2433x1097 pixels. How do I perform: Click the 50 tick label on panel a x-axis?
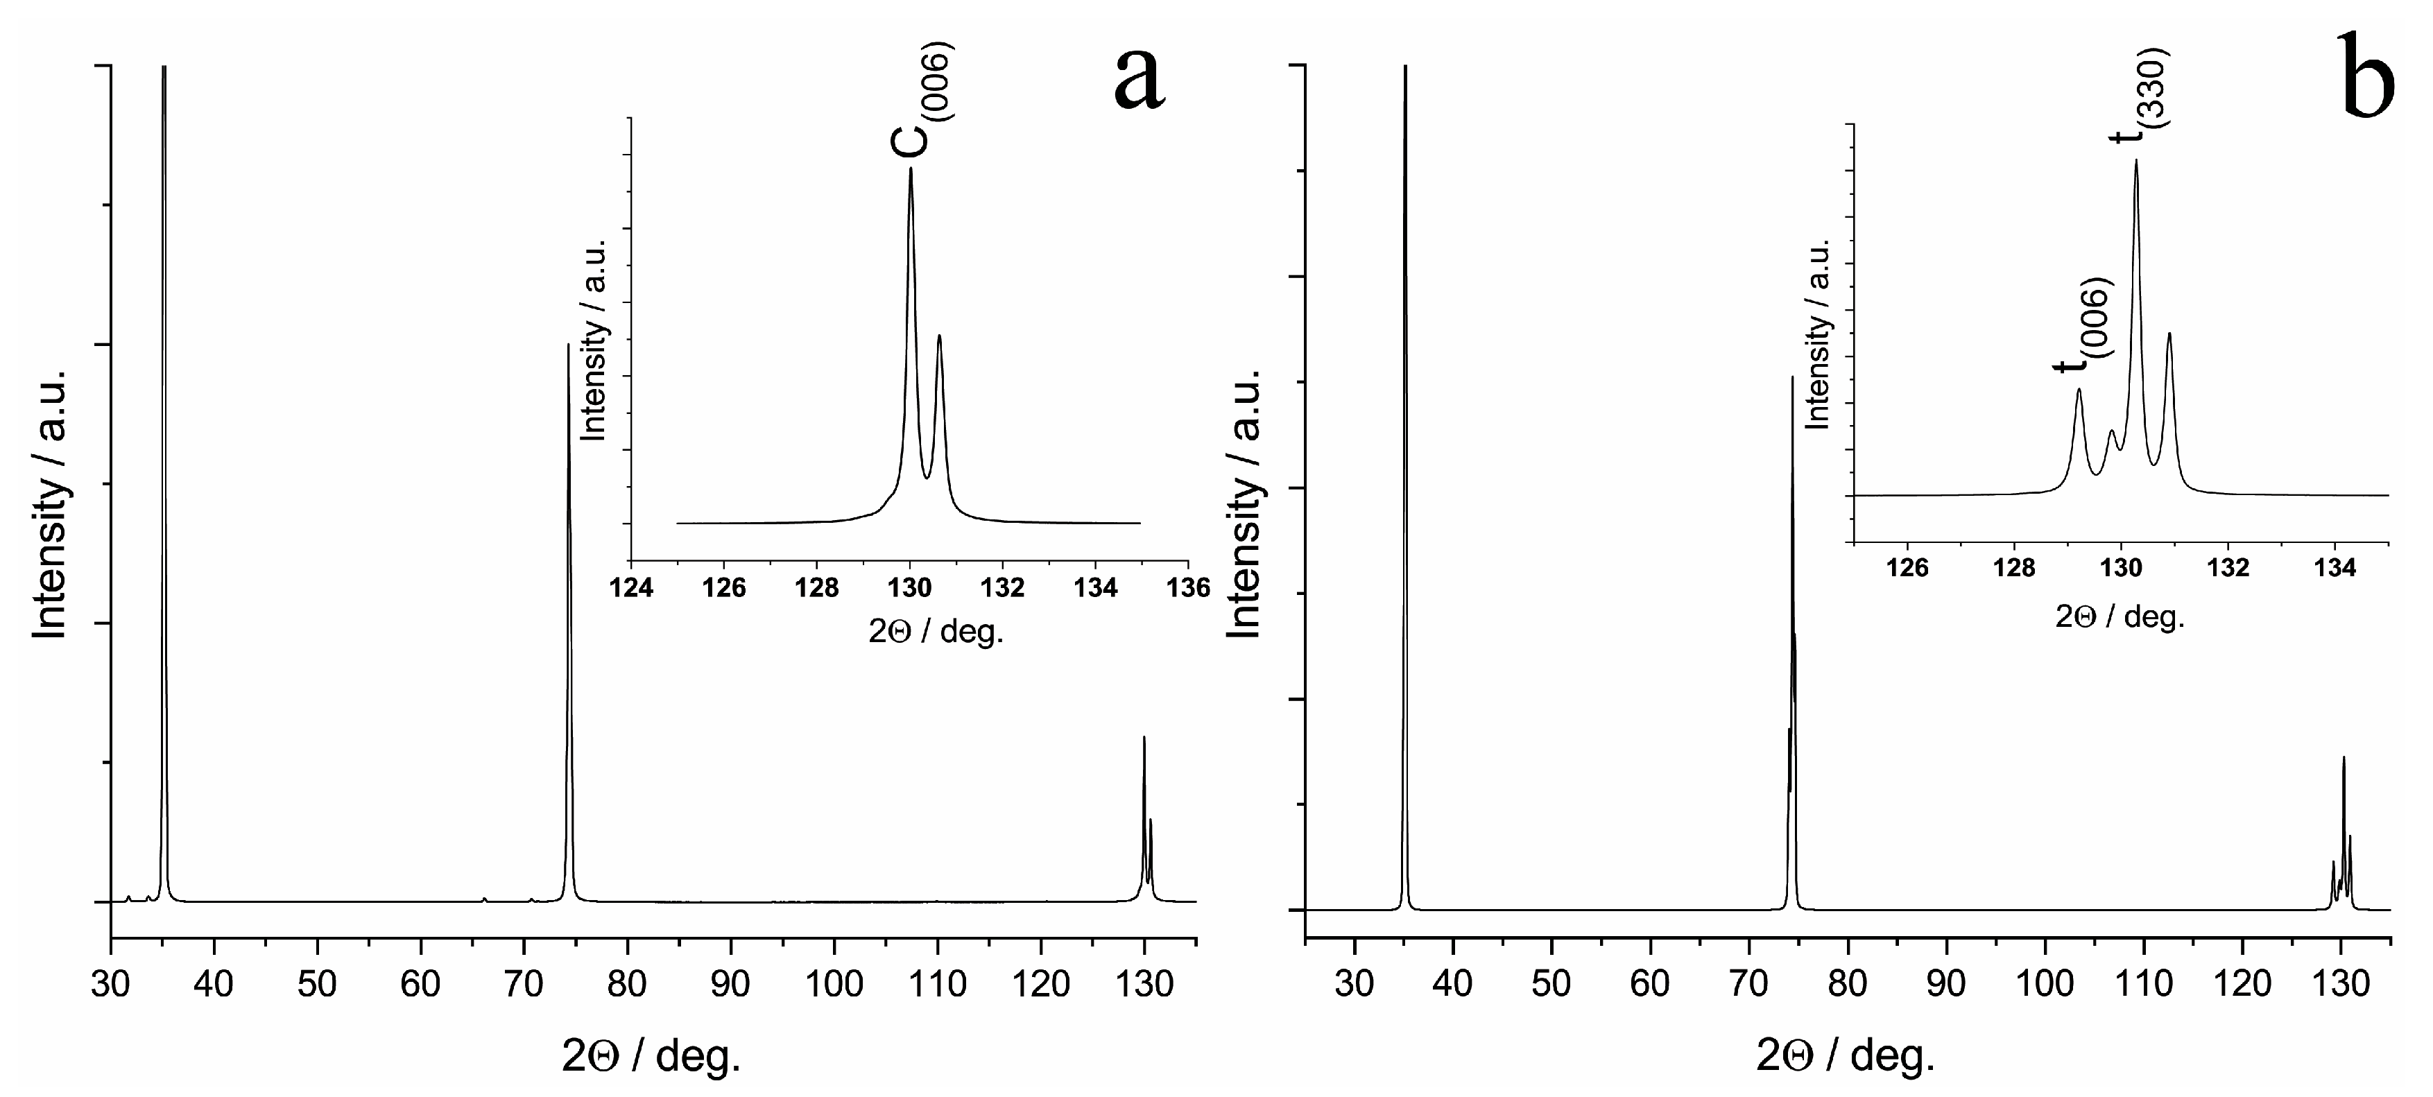[318, 984]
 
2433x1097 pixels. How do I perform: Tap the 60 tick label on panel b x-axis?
[1650, 984]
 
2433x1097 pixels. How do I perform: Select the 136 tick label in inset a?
[1187, 588]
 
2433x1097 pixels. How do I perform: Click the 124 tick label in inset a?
[631, 588]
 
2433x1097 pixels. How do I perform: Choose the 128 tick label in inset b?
[2013, 569]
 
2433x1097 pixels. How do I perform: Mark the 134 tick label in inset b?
[2335, 569]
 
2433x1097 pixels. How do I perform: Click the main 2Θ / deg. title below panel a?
[652, 1056]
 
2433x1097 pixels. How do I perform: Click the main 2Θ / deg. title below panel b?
[1846, 1056]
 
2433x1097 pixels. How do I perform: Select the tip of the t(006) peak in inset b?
[2079, 389]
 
